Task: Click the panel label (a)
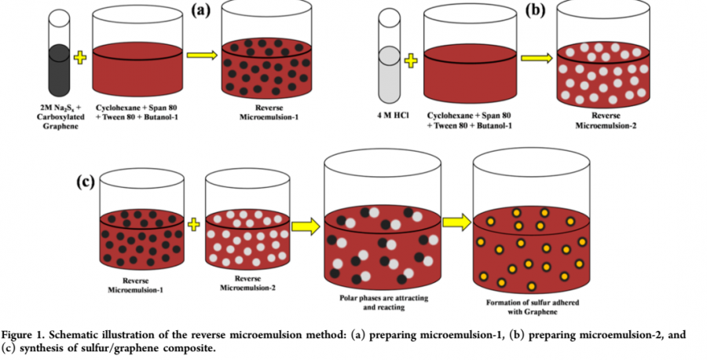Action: tap(194, 11)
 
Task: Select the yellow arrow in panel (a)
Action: tap(203, 55)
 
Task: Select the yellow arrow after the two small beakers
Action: tap(306, 226)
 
